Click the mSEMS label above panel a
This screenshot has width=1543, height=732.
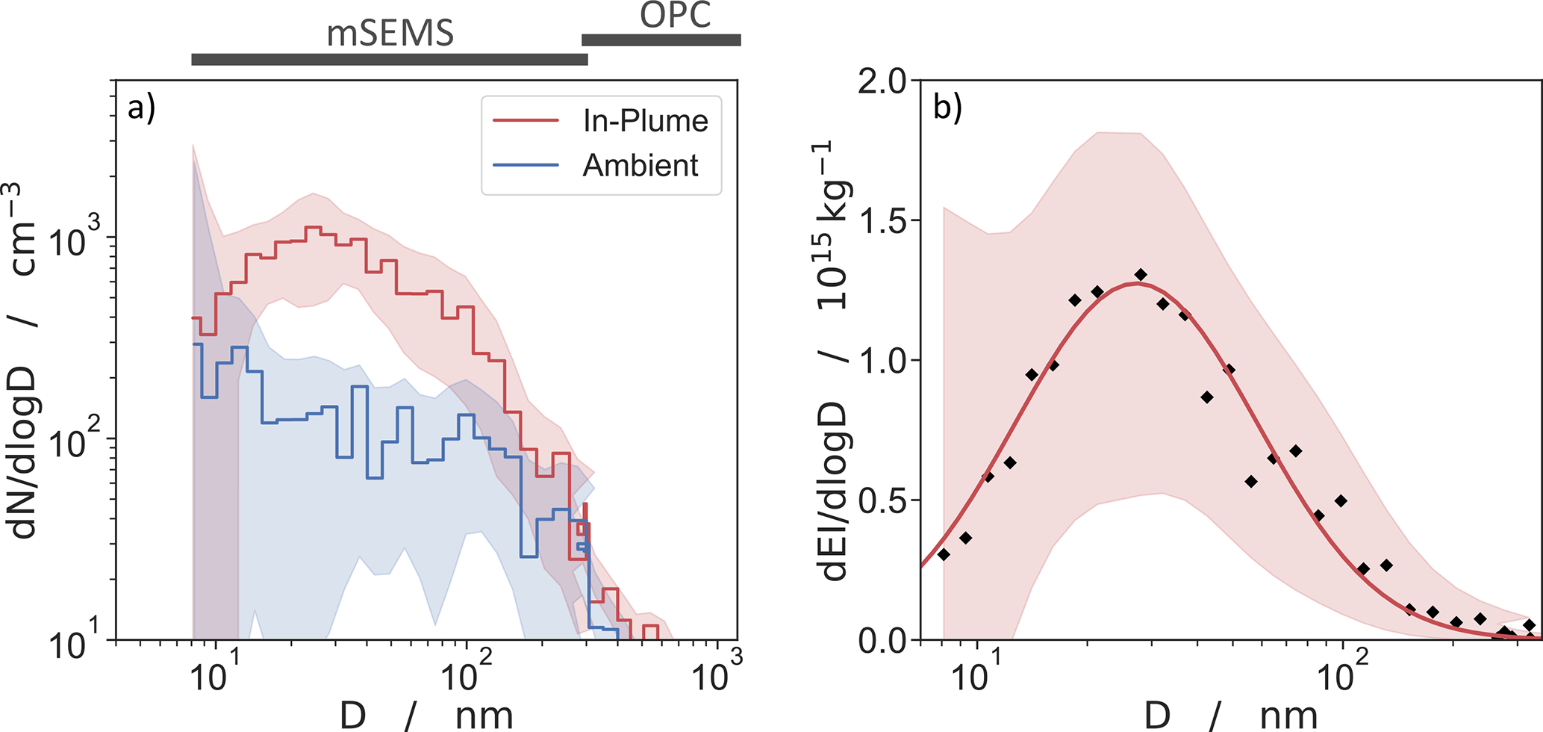point(390,34)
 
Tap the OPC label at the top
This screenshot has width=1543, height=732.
point(675,15)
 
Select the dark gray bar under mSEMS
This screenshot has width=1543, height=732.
point(389,59)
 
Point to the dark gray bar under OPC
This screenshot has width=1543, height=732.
point(661,40)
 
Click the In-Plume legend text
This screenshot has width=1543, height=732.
point(645,121)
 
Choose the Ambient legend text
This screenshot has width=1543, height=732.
point(640,165)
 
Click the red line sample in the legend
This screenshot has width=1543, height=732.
point(526,120)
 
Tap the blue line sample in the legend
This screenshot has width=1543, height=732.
point(526,164)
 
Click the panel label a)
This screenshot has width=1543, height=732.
point(141,108)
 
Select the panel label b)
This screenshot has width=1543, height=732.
point(947,108)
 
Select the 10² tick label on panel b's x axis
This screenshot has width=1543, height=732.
point(1342,676)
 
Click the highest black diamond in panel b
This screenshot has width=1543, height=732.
point(1140,275)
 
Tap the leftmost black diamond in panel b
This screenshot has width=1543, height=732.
point(944,554)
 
